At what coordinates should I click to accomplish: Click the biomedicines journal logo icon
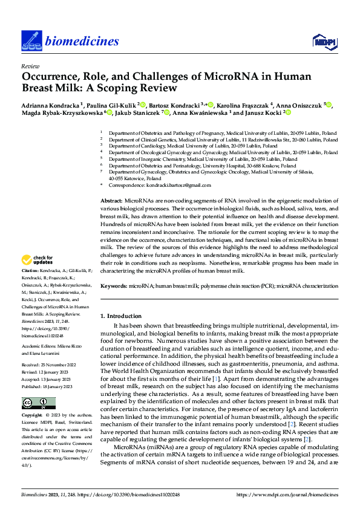[x=31, y=41]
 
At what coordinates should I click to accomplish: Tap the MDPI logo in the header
[x=324, y=41]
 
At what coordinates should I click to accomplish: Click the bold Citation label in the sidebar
[x=30, y=271]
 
